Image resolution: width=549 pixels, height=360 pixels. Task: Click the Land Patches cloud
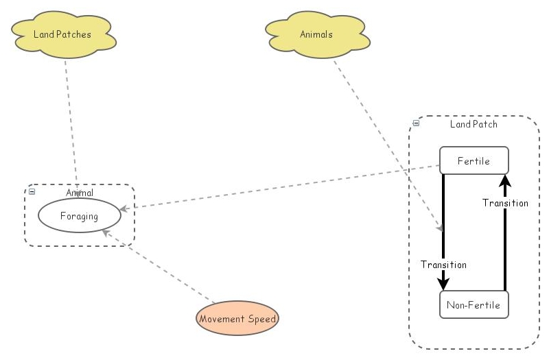coord(62,34)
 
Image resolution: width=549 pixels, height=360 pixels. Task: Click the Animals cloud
coord(316,34)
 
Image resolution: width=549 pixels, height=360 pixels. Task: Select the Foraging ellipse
coord(79,216)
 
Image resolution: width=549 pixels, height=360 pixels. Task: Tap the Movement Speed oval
coord(237,319)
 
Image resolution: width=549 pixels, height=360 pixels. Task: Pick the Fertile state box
coord(474,161)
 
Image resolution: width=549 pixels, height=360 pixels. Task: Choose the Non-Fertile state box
coord(474,305)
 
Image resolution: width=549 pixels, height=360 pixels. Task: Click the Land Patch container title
coord(474,124)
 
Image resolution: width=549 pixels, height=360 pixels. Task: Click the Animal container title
coord(80,193)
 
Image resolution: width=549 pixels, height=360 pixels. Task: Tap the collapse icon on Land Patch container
coord(416,124)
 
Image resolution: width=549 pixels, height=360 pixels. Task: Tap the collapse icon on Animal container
coord(32,192)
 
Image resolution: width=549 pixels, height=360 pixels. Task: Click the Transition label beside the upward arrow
coord(505,203)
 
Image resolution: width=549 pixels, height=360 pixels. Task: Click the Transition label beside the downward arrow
coord(443,265)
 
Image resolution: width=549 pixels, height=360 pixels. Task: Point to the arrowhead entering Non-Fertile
coord(443,284)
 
